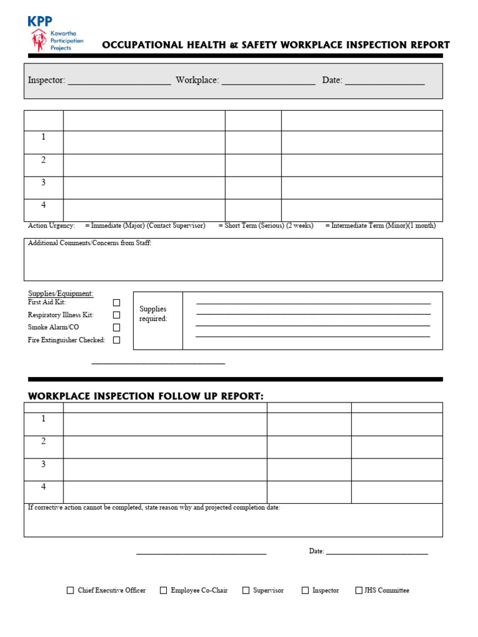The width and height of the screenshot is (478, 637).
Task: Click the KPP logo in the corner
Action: pyautogui.click(x=55, y=34)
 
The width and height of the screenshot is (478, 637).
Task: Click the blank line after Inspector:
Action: pyautogui.click(x=119, y=81)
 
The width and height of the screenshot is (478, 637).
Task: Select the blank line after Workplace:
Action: pyautogui.click(x=268, y=81)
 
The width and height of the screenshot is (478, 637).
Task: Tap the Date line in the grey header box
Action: pyautogui.click(x=385, y=81)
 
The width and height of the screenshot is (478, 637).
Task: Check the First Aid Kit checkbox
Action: pyautogui.click(x=116, y=302)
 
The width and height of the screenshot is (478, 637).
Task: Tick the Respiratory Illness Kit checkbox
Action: pyautogui.click(x=116, y=315)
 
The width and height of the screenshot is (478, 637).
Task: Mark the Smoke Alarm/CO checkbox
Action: pyautogui.click(x=116, y=327)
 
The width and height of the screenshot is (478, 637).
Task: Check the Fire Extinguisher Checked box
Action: pyautogui.click(x=116, y=340)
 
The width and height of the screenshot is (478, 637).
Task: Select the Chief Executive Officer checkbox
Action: pyautogui.click(x=70, y=590)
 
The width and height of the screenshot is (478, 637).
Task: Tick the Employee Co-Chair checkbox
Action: pyautogui.click(x=164, y=590)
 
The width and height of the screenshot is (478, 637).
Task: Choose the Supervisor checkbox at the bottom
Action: pyautogui.click(x=246, y=590)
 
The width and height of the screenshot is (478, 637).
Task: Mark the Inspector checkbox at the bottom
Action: pyautogui.click(x=305, y=590)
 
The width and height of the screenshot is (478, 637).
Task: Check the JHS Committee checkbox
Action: pyautogui.click(x=358, y=590)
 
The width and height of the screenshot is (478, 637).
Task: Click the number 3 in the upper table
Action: pyautogui.click(x=44, y=182)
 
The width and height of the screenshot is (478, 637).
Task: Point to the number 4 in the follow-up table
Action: pyautogui.click(x=44, y=487)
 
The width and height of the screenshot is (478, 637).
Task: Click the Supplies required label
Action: pyautogui.click(x=153, y=314)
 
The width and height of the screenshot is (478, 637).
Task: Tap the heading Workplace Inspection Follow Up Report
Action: pyautogui.click(x=146, y=396)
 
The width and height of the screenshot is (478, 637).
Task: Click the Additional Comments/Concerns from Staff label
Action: pyautogui.click(x=90, y=243)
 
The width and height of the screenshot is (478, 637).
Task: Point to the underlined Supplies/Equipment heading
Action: pyautogui.click(x=60, y=294)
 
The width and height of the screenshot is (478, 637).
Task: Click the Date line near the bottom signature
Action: pyautogui.click(x=377, y=551)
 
